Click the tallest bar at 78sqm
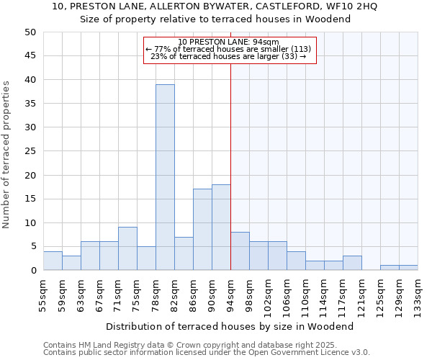165,177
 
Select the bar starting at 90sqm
221,228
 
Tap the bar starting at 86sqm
202,230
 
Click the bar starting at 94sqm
240,251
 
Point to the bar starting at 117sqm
352,263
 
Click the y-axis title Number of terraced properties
6,154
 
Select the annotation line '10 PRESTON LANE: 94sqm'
223,42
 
